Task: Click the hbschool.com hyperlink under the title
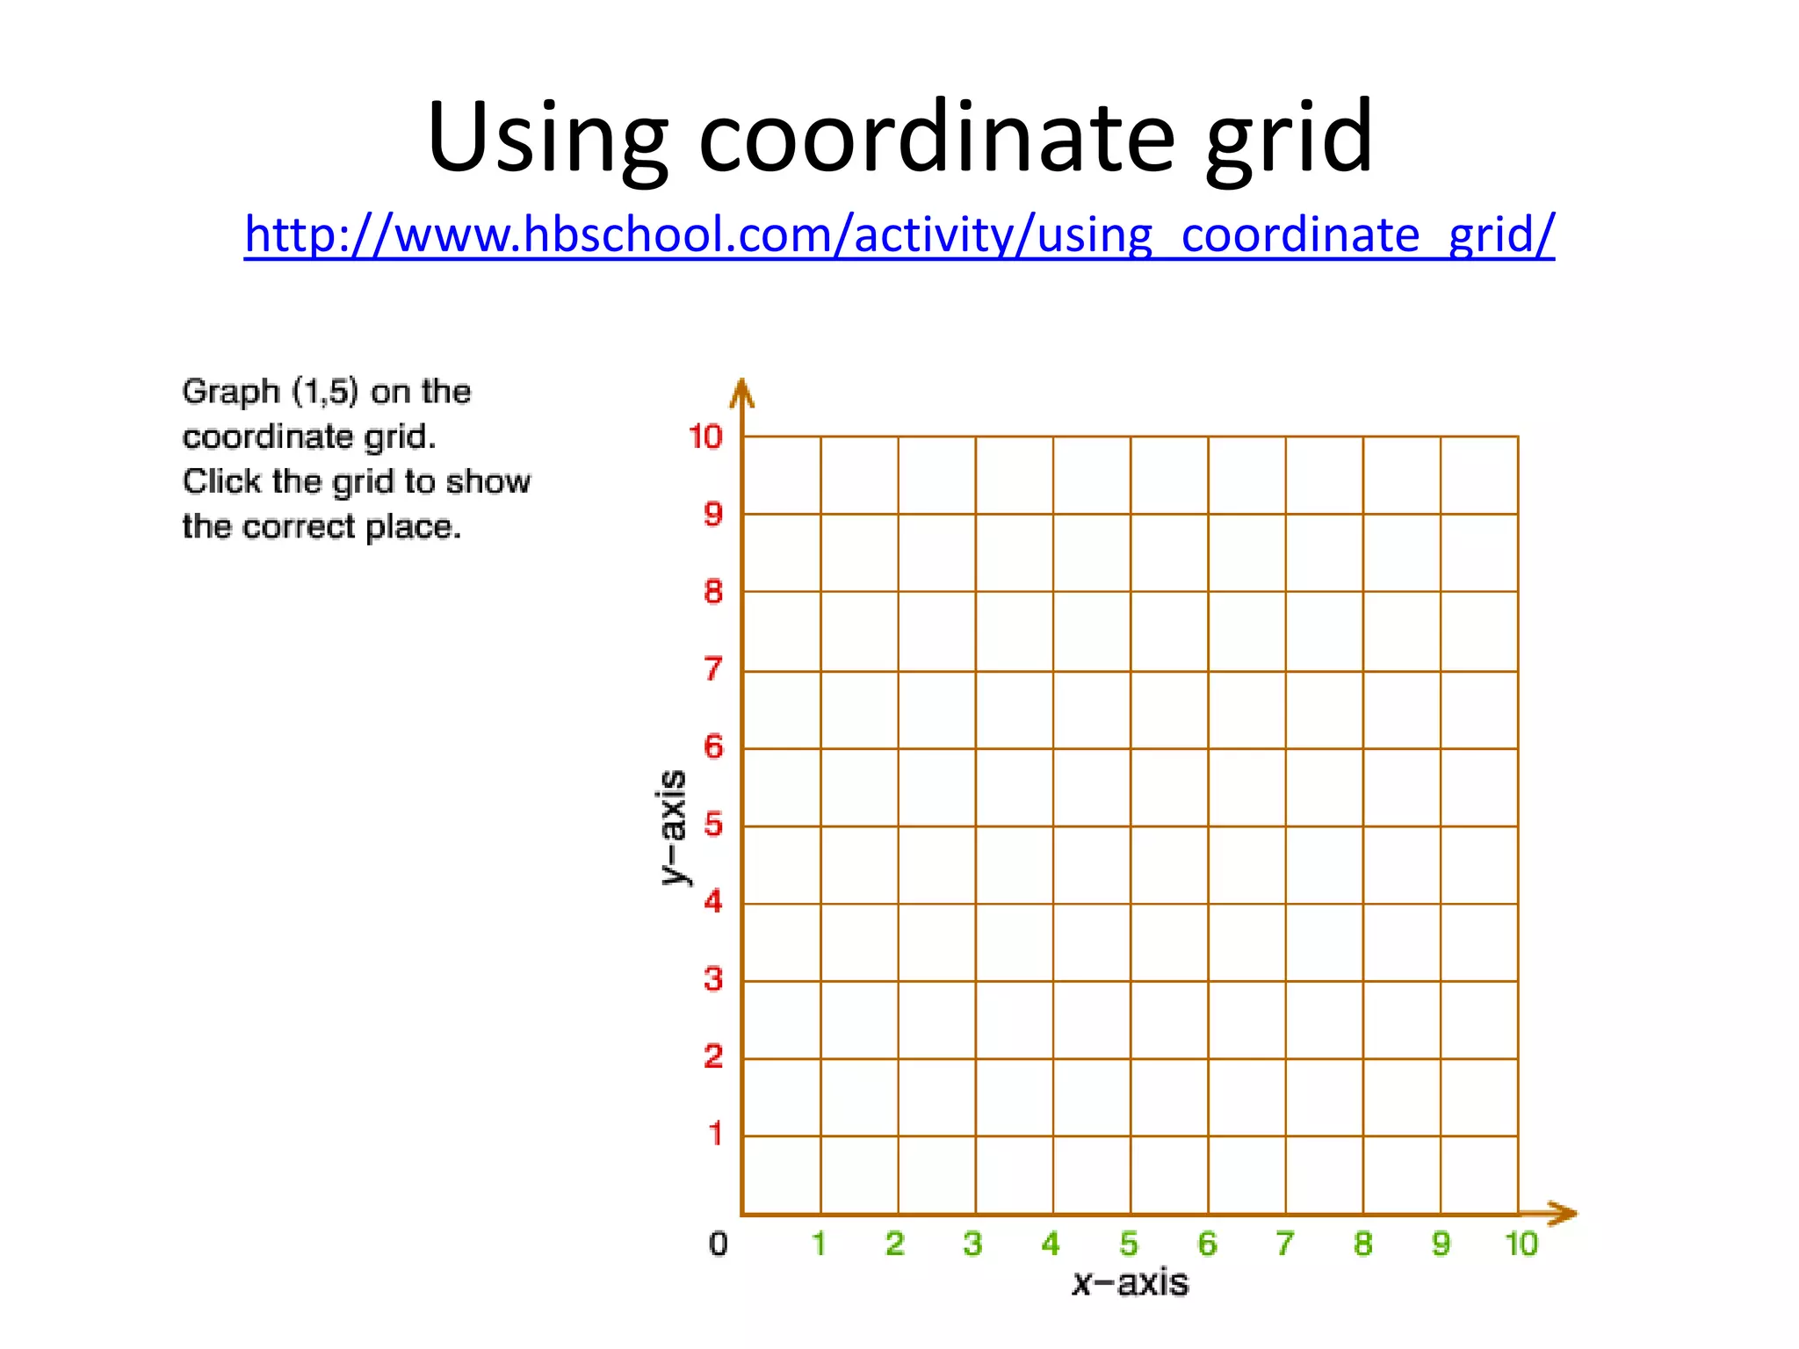tap(899, 235)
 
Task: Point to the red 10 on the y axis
tap(705, 436)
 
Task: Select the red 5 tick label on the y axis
tap(713, 825)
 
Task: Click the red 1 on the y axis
tap(715, 1134)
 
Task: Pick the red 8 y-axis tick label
tap(713, 592)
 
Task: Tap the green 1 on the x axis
tap(819, 1244)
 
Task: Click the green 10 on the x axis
tap(1521, 1244)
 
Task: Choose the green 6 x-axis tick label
tap(1208, 1244)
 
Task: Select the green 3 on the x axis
tap(972, 1244)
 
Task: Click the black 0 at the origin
tap(719, 1244)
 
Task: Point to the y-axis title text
tap(673, 827)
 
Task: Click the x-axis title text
tap(1131, 1283)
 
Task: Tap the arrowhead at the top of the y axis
tap(742, 393)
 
